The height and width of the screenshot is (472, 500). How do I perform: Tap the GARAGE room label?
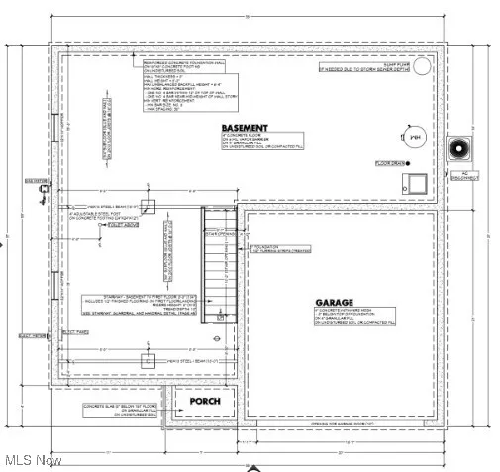tap(336, 303)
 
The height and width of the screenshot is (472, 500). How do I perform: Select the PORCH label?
tap(206, 402)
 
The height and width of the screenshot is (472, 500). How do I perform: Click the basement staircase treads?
tap(216, 266)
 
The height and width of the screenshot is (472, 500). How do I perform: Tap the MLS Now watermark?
tap(33, 460)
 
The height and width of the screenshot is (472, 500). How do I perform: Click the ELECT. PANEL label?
tap(76, 330)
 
